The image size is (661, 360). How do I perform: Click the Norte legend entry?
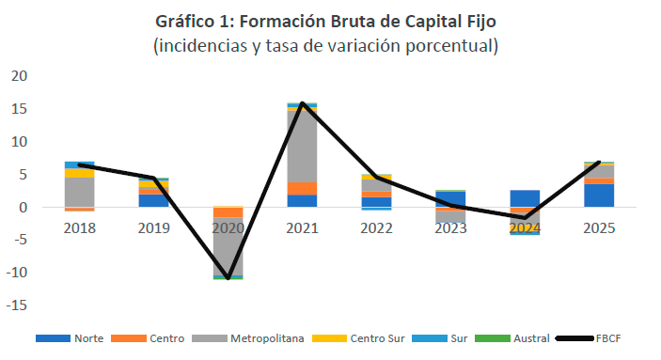[70, 338]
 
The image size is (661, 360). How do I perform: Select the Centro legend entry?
[148, 338]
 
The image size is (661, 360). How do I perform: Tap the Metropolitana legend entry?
[248, 338]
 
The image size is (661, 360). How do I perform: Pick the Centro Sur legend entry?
[358, 338]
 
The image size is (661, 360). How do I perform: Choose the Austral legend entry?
[512, 338]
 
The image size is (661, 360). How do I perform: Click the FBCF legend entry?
[589, 338]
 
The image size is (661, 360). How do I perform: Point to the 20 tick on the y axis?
[19, 76]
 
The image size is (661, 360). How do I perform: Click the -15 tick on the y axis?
[16, 305]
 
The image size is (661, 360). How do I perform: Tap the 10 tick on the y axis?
[19, 142]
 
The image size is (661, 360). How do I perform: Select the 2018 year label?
[80, 228]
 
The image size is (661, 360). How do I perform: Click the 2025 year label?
[599, 228]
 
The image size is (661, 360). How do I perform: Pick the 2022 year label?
[376, 228]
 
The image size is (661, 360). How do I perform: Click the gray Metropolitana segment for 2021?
[302, 147]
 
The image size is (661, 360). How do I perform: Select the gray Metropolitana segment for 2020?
[228, 246]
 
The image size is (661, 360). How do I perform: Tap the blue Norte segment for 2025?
[599, 196]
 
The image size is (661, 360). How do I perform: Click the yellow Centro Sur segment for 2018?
[80, 173]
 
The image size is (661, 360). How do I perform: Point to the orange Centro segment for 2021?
[302, 189]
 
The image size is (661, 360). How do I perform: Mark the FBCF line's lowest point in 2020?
[228, 278]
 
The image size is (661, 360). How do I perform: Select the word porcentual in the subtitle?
[452, 46]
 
